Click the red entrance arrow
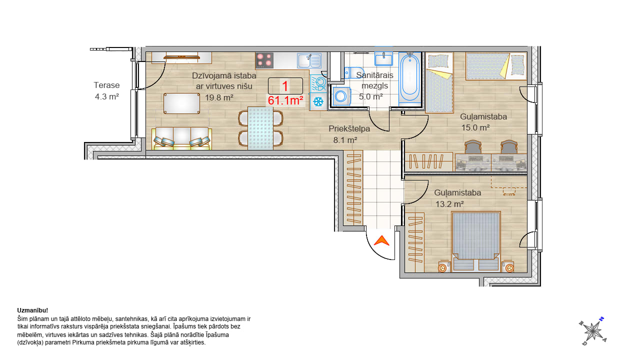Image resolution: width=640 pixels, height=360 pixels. [381, 241]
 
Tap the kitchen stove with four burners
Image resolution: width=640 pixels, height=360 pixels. [264, 60]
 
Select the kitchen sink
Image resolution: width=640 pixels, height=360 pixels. [309, 60]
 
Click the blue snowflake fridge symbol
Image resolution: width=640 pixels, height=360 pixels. [318, 101]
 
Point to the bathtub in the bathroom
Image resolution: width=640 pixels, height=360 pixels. [410, 78]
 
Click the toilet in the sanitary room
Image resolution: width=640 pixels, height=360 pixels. [353, 72]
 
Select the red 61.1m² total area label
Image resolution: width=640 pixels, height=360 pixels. [285, 100]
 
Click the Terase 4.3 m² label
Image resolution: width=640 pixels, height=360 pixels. [106, 91]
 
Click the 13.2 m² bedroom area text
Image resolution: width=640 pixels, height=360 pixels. [449, 204]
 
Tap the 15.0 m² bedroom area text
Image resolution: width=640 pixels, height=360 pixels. [475, 127]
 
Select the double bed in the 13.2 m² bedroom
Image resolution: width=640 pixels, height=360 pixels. [475, 241]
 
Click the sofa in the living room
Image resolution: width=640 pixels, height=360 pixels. [181, 138]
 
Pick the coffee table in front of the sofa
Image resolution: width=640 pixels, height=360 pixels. [181, 103]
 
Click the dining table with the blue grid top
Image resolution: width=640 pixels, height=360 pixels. [260, 128]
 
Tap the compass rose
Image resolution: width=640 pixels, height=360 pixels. [593, 331]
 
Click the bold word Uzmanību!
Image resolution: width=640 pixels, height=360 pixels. [32, 310]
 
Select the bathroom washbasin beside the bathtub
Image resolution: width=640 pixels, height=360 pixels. [383, 59]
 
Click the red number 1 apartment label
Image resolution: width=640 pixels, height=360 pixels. [285, 86]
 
